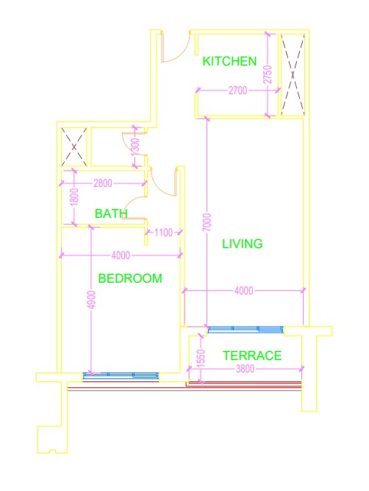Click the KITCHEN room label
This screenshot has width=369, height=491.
click(229, 61)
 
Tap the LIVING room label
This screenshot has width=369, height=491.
click(243, 244)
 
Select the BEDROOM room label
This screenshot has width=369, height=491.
click(130, 278)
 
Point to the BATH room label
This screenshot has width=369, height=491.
click(111, 213)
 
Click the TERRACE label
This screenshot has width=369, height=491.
click(252, 356)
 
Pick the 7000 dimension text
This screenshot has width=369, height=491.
click(207, 222)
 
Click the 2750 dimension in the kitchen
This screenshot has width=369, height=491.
click(268, 74)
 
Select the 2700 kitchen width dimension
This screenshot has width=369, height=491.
click(237, 91)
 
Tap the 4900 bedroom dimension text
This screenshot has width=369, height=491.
click(91, 300)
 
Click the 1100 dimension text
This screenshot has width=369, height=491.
click(163, 233)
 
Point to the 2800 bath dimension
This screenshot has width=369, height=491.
click(103, 183)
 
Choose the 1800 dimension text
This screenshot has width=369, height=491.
click(74, 197)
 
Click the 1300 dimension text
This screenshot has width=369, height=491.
click(135, 147)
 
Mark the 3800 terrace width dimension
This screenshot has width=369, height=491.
click(245, 369)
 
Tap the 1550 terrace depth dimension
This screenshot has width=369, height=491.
click(201, 358)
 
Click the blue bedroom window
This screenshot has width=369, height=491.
click(121, 376)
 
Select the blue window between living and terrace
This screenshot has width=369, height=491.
click(246, 330)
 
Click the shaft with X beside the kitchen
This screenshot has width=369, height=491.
click(293, 75)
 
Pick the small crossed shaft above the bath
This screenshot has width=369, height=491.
click(74, 147)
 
